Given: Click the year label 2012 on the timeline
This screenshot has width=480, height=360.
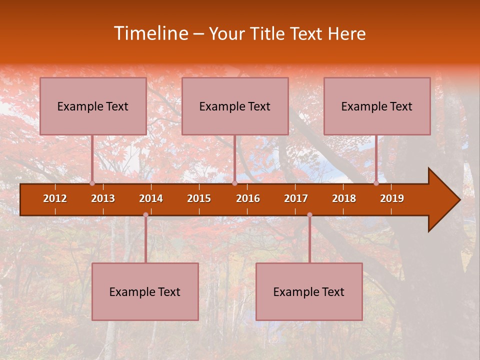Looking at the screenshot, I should [x=55, y=198].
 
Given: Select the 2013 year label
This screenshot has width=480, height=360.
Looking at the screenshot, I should [x=103, y=198].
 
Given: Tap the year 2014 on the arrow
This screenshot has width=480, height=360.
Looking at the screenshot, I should [x=151, y=198].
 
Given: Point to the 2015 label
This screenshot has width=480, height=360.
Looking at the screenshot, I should [x=199, y=198].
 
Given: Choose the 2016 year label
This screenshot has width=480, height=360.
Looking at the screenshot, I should [x=248, y=198].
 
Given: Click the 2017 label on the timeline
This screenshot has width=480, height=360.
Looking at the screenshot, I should [x=296, y=198].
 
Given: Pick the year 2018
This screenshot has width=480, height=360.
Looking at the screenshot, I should [x=344, y=198].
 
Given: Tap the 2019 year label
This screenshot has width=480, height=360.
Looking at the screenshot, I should [x=392, y=198].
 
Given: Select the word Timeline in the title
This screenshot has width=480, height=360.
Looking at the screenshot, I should [x=149, y=33].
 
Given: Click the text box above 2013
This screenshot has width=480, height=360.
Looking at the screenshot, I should [x=93, y=106].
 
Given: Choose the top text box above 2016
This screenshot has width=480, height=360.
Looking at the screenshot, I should [x=235, y=106].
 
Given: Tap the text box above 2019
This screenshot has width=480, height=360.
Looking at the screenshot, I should [x=377, y=106].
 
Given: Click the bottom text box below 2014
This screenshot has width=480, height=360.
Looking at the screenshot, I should [x=145, y=291].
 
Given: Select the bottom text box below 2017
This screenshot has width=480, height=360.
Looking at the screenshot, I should [x=309, y=291].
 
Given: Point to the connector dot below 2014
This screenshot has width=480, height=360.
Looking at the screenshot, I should [x=145, y=215].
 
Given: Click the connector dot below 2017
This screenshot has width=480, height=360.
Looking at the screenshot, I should [x=309, y=215].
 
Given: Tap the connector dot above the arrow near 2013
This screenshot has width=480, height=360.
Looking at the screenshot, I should [x=92, y=183].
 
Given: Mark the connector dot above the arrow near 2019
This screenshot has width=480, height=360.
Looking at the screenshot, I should [x=376, y=183].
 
